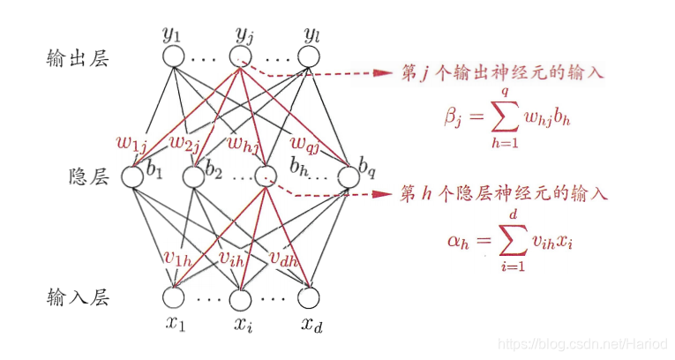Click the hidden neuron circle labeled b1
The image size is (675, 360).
pos(132,176)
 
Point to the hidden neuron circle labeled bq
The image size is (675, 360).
pos(344,176)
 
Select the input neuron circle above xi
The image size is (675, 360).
pos(241,296)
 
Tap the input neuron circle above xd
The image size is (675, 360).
pos(308,296)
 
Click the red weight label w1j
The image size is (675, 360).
pos(131,141)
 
